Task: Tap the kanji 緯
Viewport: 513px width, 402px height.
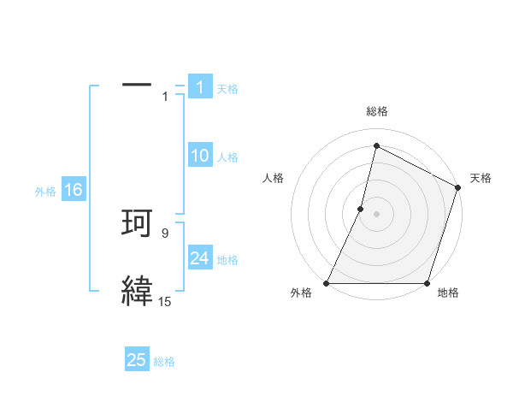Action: (x=138, y=290)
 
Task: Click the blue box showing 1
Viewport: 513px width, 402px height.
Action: (x=200, y=86)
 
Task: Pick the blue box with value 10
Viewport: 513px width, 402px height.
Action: (x=200, y=156)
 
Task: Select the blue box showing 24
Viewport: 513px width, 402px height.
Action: (x=200, y=258)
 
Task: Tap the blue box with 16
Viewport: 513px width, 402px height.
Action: (x=74, y=190)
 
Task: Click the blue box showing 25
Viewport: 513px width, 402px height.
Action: (x=137, y=360)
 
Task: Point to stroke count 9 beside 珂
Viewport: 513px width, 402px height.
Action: (x=166, y=233)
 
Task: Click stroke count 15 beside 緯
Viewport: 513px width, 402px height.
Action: (x=165, y=301)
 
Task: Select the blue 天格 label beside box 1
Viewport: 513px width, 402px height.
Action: (x=227, y=88)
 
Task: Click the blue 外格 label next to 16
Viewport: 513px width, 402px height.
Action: (x=45, y=192)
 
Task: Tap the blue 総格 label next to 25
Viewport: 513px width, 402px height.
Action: (x=164, y=362)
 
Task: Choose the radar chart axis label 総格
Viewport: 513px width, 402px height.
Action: (x=377, y=111)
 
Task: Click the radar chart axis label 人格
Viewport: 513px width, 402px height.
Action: (x=274, y=178)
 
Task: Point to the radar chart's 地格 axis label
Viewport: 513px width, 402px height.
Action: (x=448, y=293)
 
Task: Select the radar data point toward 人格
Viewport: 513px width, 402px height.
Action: (x=361, y=209)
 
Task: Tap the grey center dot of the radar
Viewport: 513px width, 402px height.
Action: (x=376, y=214)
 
